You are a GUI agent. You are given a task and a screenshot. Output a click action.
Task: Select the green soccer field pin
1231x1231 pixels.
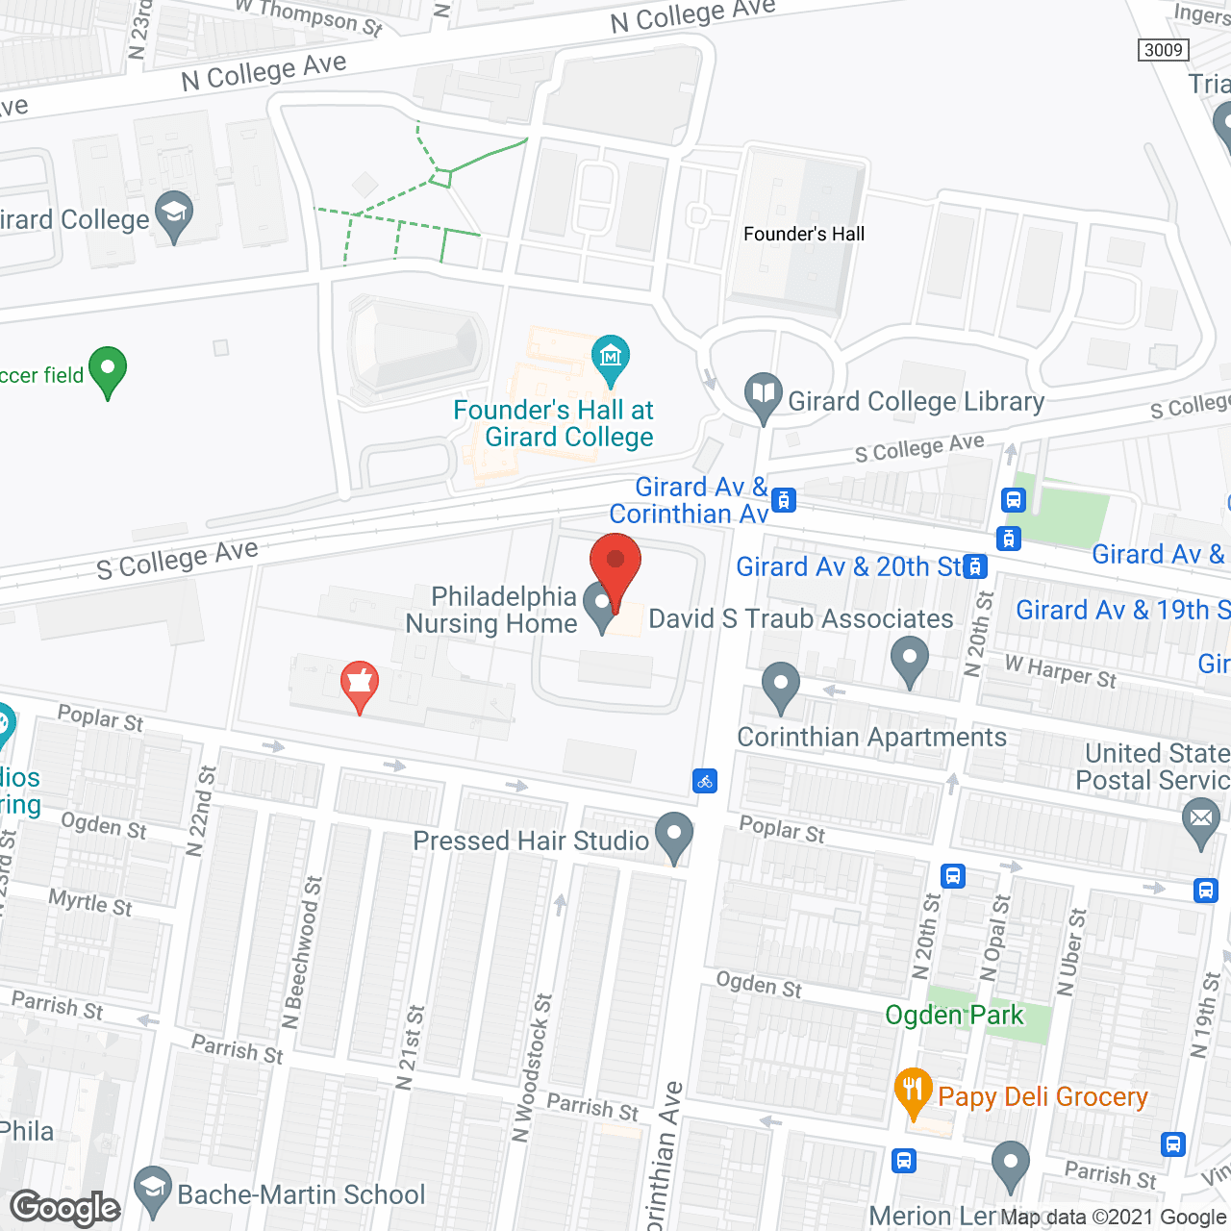click(108, 369)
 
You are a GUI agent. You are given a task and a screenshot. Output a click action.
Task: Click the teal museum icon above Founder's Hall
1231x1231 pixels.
click(610, 357)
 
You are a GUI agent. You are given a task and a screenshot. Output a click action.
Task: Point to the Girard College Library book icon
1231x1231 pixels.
click(763, 394)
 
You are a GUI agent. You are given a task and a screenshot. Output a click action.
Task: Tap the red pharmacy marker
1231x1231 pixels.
click(359, 683)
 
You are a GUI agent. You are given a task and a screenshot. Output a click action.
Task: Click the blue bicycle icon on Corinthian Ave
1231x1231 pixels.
click(705, 781)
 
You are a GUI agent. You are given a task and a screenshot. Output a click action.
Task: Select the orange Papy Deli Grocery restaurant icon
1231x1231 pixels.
click(913, 1091)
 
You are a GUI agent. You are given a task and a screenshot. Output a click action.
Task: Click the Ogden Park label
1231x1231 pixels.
click(954, 1016)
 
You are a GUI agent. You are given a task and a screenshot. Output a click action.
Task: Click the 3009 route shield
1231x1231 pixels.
click(1164, 50)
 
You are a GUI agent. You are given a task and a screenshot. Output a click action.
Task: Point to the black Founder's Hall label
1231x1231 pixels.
click(804, 234)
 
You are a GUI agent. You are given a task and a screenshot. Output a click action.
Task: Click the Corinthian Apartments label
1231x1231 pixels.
click(871, 738)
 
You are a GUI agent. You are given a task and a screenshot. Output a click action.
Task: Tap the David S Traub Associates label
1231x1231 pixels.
click(801, 619)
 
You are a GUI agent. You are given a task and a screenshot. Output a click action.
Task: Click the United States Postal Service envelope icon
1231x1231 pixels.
click(1201, 820)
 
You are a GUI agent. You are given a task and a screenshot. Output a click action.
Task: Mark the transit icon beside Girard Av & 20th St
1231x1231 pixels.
click(976, 566)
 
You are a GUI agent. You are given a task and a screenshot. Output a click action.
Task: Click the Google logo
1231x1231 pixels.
click(65, 1208)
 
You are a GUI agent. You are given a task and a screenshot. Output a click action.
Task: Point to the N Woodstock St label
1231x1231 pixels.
click(532, 1068)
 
